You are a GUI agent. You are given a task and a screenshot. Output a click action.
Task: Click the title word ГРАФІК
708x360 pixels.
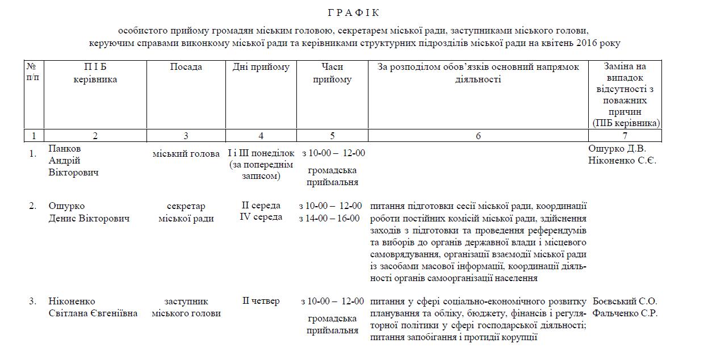353,12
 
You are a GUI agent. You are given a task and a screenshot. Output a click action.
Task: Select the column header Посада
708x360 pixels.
186,67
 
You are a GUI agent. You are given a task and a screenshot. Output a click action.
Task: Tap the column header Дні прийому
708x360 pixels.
261,67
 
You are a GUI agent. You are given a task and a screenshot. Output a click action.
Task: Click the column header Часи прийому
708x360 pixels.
332,73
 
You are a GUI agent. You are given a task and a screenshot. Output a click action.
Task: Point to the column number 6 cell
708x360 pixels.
478,136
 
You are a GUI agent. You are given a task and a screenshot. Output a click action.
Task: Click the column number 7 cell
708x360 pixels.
625,136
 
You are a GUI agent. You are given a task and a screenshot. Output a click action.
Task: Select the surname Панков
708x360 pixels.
65,149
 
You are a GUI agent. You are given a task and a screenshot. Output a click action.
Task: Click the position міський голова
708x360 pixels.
186,153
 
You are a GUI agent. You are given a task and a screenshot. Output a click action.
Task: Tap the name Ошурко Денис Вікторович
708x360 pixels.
89,212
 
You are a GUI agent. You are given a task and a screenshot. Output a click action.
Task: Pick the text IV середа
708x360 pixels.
261,217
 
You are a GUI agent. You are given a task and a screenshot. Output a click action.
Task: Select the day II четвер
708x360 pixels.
261,301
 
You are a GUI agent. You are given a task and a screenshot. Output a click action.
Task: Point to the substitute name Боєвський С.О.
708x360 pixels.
625,301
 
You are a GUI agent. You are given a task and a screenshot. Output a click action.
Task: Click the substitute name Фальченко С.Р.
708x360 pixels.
625,313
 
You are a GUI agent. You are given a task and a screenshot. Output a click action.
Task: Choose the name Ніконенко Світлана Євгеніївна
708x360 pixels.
93,307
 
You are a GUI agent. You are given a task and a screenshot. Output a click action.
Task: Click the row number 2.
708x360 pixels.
33,206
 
